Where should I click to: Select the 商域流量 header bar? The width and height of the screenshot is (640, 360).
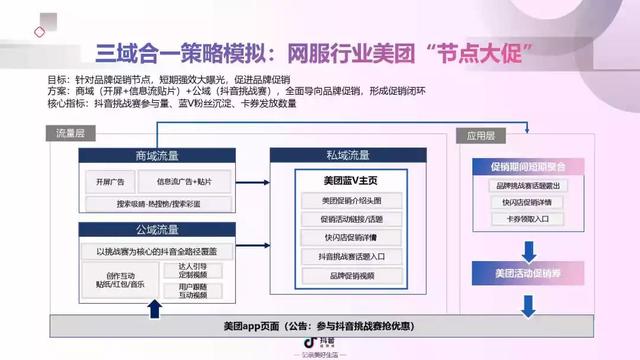coord(158,158)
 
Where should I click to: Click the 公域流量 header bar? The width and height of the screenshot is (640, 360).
coord(158,230)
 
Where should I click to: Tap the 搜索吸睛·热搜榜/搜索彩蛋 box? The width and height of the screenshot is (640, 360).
coord(158,202)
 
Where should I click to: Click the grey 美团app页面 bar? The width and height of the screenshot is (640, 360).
coord(320,326)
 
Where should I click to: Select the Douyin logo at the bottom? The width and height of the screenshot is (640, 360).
coord(320,343)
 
